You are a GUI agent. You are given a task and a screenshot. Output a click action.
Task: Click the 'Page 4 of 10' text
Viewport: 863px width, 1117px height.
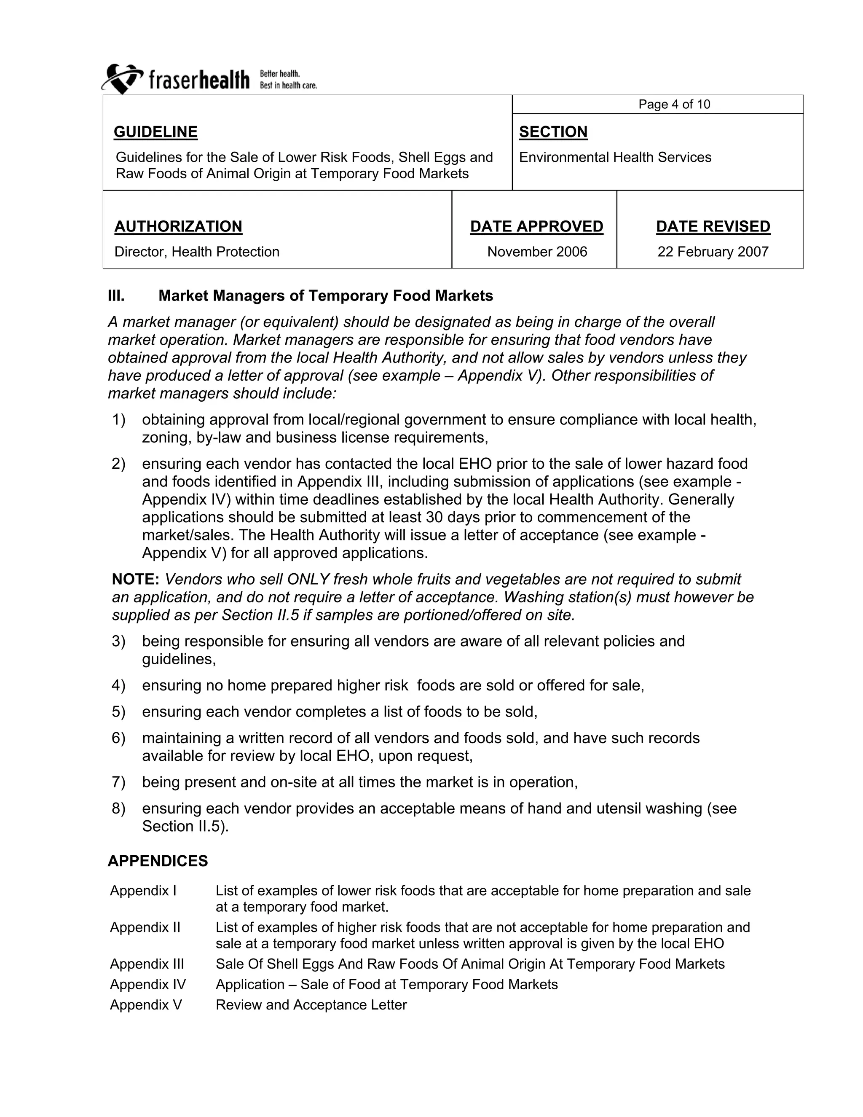674,105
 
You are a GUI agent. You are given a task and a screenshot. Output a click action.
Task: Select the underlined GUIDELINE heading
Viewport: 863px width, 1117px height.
155,132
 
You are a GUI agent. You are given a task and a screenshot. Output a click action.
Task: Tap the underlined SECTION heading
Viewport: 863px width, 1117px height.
553,132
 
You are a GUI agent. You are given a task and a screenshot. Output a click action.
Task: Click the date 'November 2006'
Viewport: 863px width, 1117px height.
537,252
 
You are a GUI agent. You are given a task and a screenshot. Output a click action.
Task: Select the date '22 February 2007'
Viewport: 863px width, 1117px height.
713,252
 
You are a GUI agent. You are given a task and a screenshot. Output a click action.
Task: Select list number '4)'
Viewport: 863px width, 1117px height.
118,685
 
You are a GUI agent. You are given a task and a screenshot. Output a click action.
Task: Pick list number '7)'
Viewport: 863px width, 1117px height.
118,782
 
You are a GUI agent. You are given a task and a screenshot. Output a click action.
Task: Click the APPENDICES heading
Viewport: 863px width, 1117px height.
158,861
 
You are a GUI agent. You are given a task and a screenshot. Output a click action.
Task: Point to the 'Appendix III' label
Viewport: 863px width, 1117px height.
147,964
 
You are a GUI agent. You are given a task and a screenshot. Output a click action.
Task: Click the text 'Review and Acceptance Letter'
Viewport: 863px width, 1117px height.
311,1004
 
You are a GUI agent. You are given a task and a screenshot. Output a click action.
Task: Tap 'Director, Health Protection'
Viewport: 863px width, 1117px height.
197,252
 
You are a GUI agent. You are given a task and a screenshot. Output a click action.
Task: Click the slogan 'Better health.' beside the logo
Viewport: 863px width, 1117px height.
280,74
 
